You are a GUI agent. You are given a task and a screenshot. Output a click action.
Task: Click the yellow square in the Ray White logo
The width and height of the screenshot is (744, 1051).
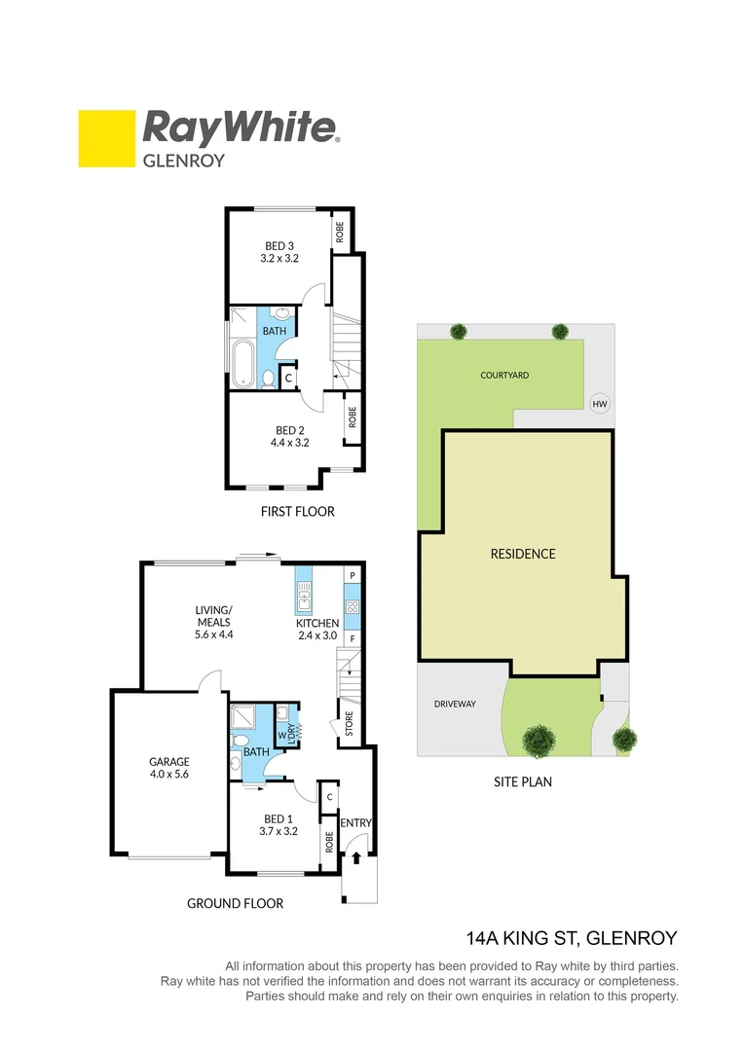(x=106, y=138)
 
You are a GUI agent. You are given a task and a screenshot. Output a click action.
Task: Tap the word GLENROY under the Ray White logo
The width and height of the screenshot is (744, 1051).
(x=184, y=161)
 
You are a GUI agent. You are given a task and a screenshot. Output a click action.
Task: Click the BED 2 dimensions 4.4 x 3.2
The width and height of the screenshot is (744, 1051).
(x=289, y=443)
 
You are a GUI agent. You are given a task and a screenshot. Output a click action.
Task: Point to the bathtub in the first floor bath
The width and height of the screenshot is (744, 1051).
(x=241, y=359)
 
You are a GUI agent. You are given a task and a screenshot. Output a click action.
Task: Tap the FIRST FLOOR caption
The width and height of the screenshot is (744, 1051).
(x=297, y=511)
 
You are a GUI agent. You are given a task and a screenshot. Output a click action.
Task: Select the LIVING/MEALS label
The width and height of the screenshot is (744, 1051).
(x=213, y=610)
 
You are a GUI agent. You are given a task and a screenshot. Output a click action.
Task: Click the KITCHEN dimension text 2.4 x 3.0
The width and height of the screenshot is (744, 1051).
(x=317, y=635)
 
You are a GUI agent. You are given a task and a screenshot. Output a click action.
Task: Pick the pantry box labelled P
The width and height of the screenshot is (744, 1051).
(x=353, y=576)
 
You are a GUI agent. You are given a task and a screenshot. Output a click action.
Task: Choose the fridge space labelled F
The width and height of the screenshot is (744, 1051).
(x=353, y=639)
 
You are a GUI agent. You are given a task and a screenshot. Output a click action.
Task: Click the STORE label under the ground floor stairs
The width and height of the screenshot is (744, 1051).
(x=350, y=725)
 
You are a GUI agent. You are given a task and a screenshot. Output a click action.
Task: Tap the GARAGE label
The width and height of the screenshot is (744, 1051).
(x=168, y=762)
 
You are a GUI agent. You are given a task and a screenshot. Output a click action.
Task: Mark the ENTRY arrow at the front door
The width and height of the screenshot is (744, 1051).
(x=356, y=857)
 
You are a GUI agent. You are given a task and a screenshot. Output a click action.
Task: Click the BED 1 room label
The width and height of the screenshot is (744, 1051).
(x=278, y=818)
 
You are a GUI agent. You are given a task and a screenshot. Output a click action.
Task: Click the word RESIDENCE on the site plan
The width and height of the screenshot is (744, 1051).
(x=523, y=554)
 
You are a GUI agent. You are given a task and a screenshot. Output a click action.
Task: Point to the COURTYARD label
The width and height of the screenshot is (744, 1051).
(x=504, y=375)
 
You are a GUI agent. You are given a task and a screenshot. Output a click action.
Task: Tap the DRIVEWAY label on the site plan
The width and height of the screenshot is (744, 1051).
(x=454, y=704)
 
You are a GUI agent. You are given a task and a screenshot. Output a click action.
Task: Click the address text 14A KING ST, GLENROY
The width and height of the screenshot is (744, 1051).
(x=572, y=938)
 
